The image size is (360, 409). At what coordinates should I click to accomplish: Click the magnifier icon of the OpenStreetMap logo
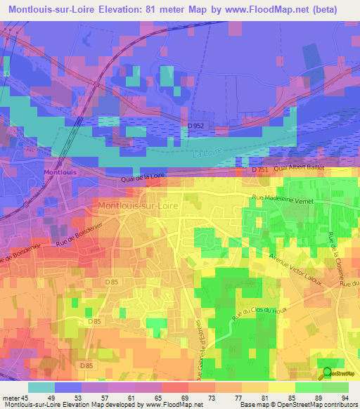click(x=328, y=373)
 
